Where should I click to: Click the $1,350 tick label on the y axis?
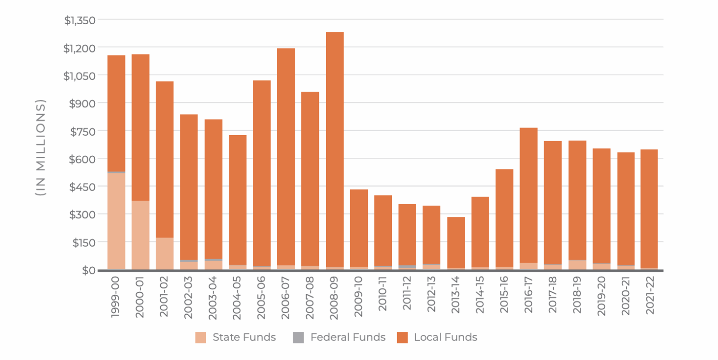[x=80, y=20]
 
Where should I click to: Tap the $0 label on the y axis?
[x=89, y=270]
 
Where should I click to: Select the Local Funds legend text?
[x=445, y=337]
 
